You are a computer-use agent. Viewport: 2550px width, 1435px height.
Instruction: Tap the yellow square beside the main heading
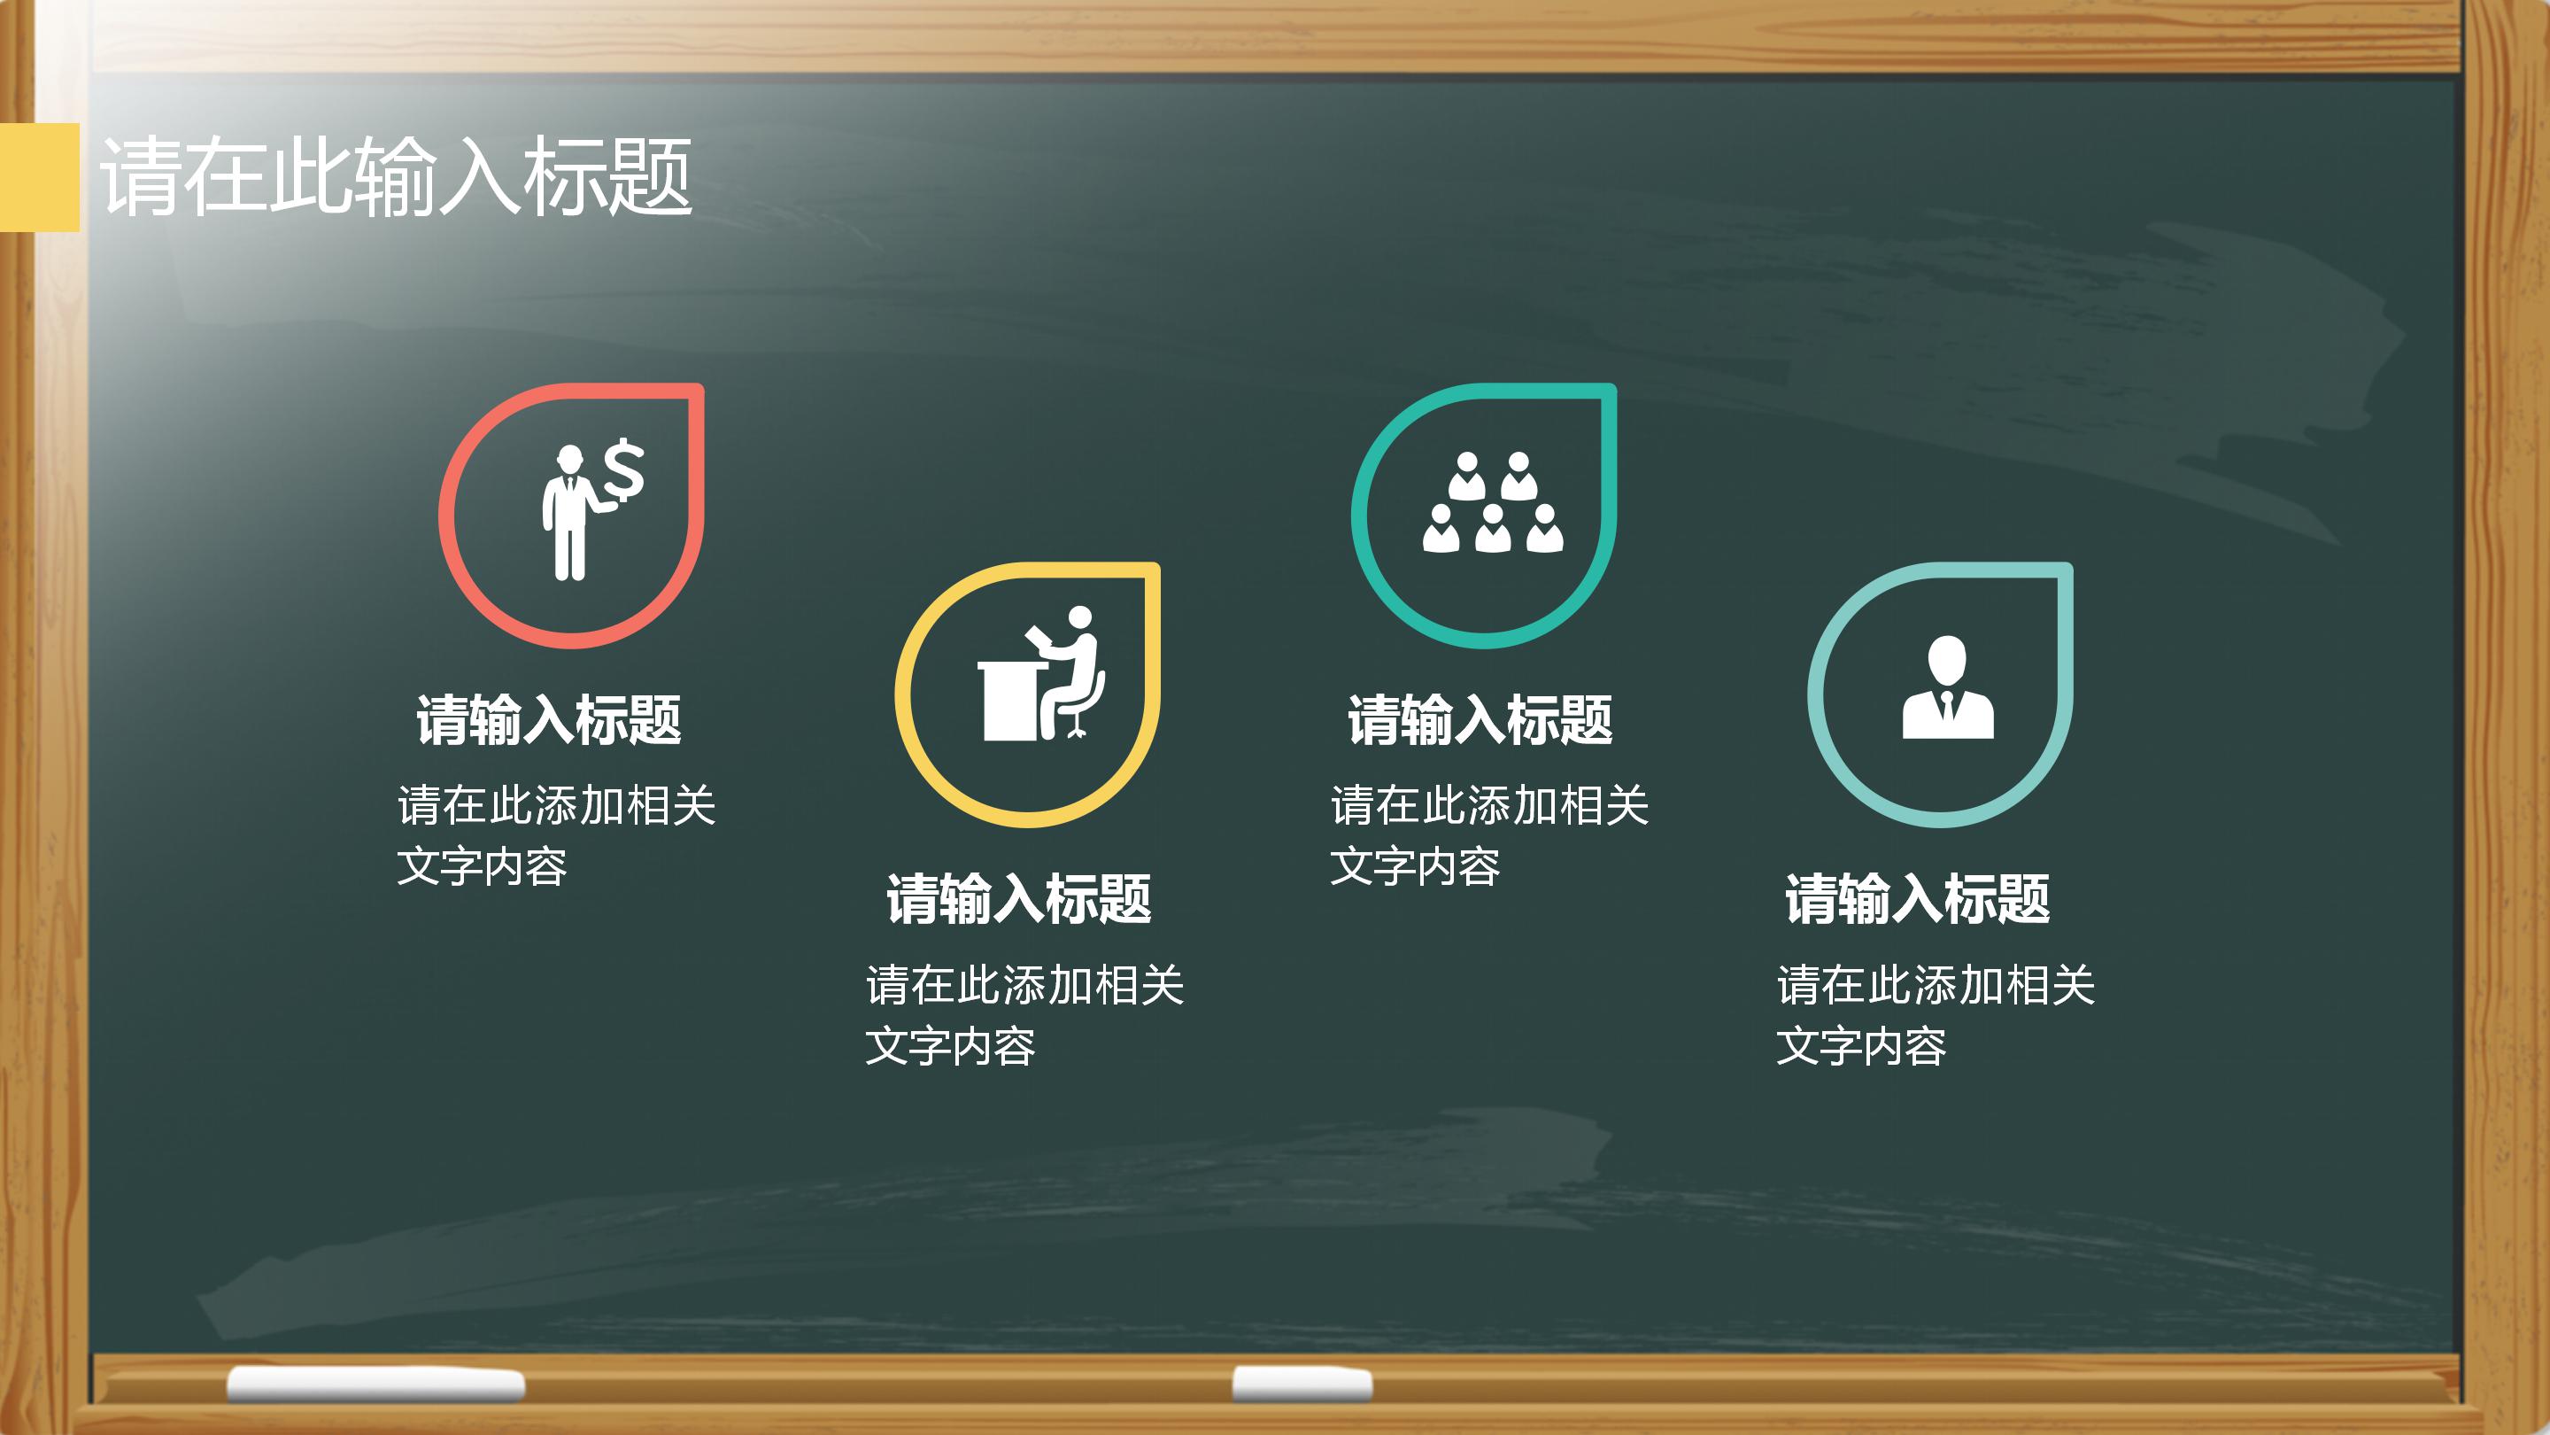tap(40, 176)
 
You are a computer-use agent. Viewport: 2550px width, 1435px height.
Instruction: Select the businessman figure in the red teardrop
tap(569, 515)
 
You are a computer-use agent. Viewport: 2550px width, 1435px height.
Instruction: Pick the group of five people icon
tap(1493, 503)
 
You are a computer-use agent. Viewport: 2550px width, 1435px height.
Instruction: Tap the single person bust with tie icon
tap(1947, 687)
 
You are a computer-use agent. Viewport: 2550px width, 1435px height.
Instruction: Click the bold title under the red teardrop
tap(548, 720)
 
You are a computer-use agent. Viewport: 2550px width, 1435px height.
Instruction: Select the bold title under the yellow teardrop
tap(1018, 899)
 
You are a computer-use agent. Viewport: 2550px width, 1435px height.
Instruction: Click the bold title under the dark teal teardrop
tap(1480, 720)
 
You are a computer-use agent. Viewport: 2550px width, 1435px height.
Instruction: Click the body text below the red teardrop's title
tap(555, 834)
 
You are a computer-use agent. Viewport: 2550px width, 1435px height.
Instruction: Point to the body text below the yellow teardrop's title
tap(1024, 1015)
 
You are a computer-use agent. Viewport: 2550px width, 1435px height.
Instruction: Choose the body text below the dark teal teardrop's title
tap(1488, 834)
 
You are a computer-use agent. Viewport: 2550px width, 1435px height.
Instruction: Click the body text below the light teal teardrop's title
tap(1936, 1015)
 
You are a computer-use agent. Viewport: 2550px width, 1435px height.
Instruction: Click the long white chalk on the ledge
tap(376, 1385)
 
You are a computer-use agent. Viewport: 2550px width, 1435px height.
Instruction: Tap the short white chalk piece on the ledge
tap(1302, 1384)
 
